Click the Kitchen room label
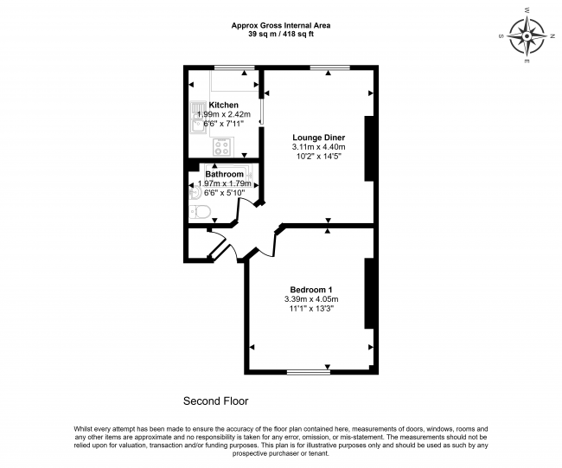point(223,105)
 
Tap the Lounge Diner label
point(319,138)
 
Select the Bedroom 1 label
point(311,290)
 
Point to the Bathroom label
point(225,174)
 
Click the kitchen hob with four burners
point(221,147)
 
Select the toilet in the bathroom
point(199,212)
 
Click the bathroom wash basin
point(193,194)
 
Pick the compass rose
point(527,36)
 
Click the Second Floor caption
point(216,401)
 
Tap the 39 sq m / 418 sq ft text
point(281,35)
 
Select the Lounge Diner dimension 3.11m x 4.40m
point(319,147)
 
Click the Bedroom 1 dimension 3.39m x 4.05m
point(311,299)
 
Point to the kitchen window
point(234,67)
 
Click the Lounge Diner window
point(329,67)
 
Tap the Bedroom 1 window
point(309,373)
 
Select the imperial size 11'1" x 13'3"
point(311,309)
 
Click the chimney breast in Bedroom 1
point(369,293)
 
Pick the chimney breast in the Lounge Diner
point(369,148)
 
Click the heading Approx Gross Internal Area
point(281,26)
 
